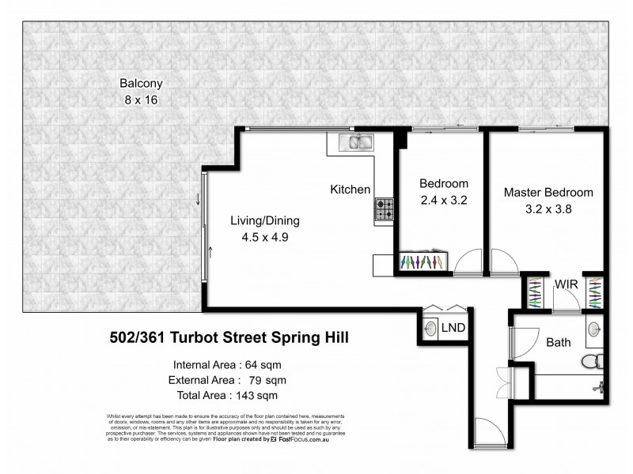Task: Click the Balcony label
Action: [x=141, y=83]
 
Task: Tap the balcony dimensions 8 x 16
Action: [x=141, y=100]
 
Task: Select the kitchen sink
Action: [x=356, y=142]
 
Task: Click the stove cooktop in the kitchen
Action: [x=385, y=209]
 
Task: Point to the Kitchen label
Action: [x=351, y=190]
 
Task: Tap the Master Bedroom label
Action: [x=548, y=192]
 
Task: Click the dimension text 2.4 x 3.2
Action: [x=443, y=200]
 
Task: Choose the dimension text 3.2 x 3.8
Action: [x=548, y=209]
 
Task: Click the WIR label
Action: [x=565, y=284]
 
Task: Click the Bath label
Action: [x=559, y=344]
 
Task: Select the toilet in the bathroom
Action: [x=590, y=362]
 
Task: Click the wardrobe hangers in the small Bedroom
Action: [x=426, y=262]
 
